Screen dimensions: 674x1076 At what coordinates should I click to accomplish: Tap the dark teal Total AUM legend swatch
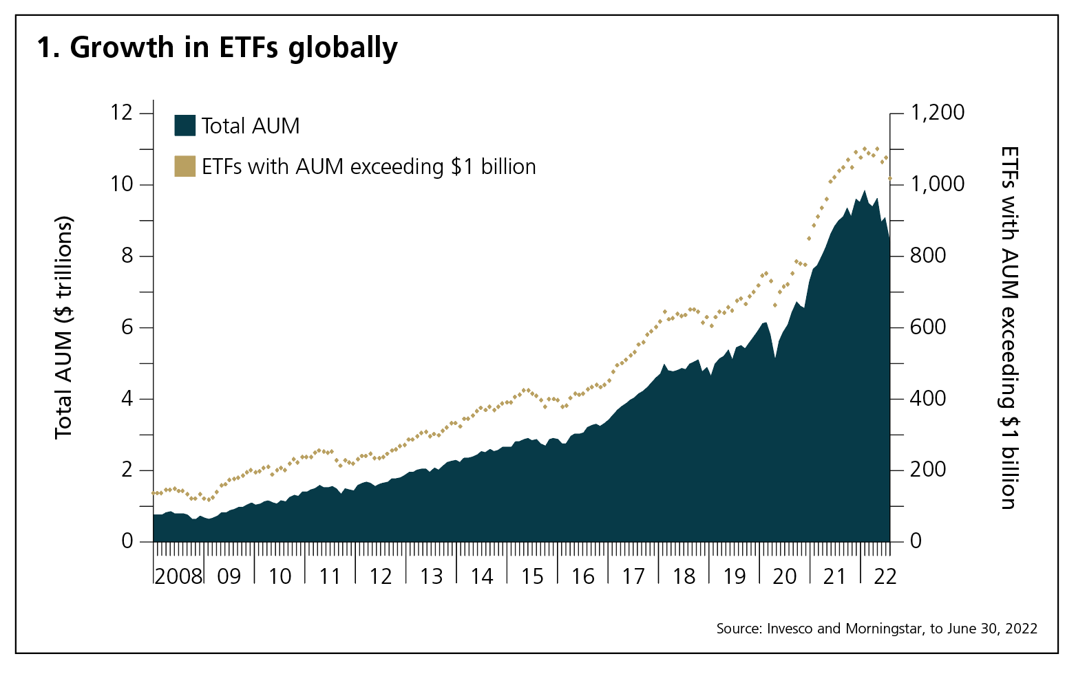pos(185,126)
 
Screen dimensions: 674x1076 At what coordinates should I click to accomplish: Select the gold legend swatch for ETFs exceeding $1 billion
pos(185,166)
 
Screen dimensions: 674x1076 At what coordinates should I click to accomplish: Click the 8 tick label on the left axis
pos(127,256)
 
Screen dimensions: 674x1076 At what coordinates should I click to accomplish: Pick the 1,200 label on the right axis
pos(938,112)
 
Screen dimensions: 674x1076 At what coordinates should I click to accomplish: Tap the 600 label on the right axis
pos(928,327)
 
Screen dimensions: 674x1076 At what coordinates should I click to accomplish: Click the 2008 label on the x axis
pos(178,576)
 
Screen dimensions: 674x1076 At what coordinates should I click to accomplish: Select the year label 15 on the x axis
pos(532,576)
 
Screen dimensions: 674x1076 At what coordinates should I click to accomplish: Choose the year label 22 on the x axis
pos(885,576)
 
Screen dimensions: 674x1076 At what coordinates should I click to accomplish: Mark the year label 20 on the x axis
pos(785,576)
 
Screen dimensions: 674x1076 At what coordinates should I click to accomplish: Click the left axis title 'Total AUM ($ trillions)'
pos(64,327)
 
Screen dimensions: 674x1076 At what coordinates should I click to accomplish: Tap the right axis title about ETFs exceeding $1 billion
pos(1008,327)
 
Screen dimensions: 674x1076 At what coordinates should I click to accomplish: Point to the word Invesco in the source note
pos(790,629)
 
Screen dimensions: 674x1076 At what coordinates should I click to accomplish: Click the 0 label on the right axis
pos(916,541)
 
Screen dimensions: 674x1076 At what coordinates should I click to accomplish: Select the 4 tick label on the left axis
pos(127,399)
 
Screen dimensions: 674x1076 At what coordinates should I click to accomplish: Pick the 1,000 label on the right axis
pos(938,184)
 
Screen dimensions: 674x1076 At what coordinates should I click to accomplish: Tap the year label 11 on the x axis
pos(330,576)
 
